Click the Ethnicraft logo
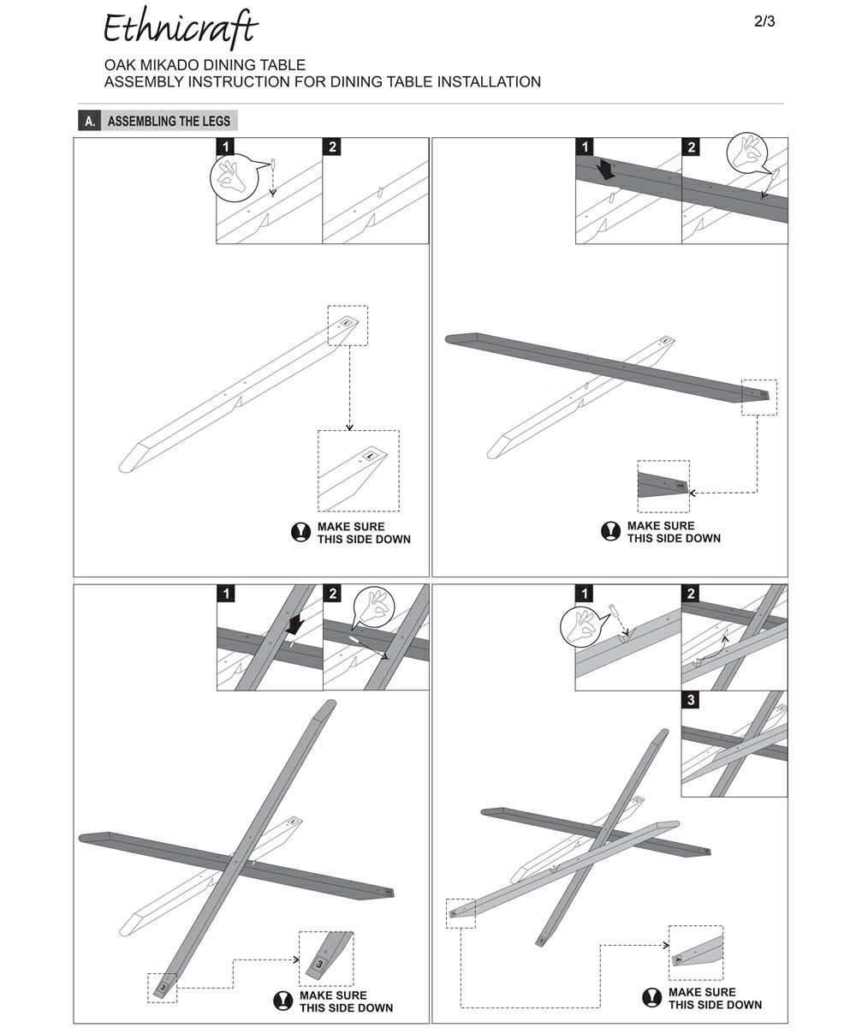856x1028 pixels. click(x=180, y=29)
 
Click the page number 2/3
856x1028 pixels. click(x=764, y=22)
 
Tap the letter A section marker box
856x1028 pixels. click(x=90, y=121)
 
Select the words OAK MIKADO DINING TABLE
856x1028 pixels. click(x=205, y=65)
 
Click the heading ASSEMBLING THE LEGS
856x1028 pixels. click(x=169, y=121)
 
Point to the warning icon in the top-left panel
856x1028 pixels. click(x=300, y=532)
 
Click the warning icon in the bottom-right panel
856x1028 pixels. click(x=652, y=997)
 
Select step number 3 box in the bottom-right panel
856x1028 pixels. click(x=692, y=701)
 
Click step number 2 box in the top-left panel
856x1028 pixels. click(x=333, y=147)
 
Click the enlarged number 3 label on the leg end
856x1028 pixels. click(x=320, y=964)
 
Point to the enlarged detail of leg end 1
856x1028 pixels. click(x=358, y=470)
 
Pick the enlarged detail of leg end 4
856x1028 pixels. click(x=696, y=953)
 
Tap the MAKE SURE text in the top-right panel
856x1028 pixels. click(x=661, y=525)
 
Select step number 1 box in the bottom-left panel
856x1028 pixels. click(x=226, y=594)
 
